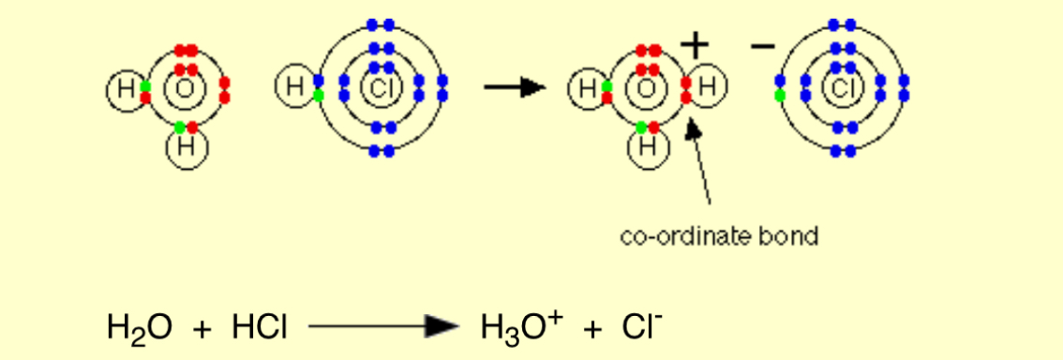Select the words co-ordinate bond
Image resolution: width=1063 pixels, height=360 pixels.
tap(719, 235)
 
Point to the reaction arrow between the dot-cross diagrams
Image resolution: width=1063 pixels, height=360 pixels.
tap(514, 88)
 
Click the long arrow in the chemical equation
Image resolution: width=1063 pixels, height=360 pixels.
tap(383, 326)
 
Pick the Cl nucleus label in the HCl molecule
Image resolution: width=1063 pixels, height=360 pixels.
tap(380, 89)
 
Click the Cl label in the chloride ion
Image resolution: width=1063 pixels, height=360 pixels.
tap(841, 89)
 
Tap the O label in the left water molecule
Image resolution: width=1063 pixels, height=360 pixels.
tap(184, 90)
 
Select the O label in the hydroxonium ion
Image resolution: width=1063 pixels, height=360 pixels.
tap(647, 90)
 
